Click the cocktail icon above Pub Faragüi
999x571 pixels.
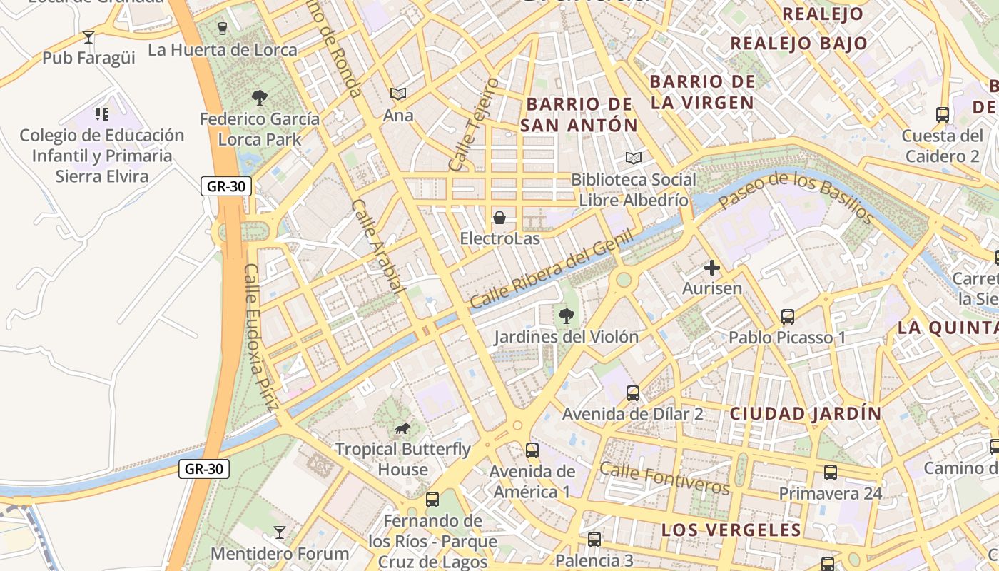[x=88, y=36]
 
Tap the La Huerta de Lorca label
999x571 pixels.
[x=222, y=50]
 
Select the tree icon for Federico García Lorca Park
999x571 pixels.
[x=260, y=97]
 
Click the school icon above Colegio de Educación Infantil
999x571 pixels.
[x=101, y=113]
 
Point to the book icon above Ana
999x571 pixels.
[x=398, y=94]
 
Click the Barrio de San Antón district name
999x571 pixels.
[x=579, y=114]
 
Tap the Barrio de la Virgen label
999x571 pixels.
[x=702, y=91]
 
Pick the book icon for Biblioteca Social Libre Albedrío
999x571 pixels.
[x=633, y=158]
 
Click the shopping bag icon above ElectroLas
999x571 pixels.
[x=499, y=216]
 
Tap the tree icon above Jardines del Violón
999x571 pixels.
[x=567, y=315]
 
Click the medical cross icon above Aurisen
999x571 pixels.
[x=712, y=268]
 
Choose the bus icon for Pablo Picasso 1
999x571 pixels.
[x=788, y=316]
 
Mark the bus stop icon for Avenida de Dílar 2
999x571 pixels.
[x=633, y=393]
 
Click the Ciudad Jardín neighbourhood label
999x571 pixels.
[x=806, y=413]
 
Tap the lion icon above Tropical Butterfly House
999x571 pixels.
[x=402, y=428]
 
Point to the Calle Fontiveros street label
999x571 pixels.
[x=664, y=477]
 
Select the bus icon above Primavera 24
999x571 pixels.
[x=831, y=472]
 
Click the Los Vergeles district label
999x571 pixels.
[x=731, y=530]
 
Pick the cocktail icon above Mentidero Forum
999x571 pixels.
[x=280, y=532]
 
